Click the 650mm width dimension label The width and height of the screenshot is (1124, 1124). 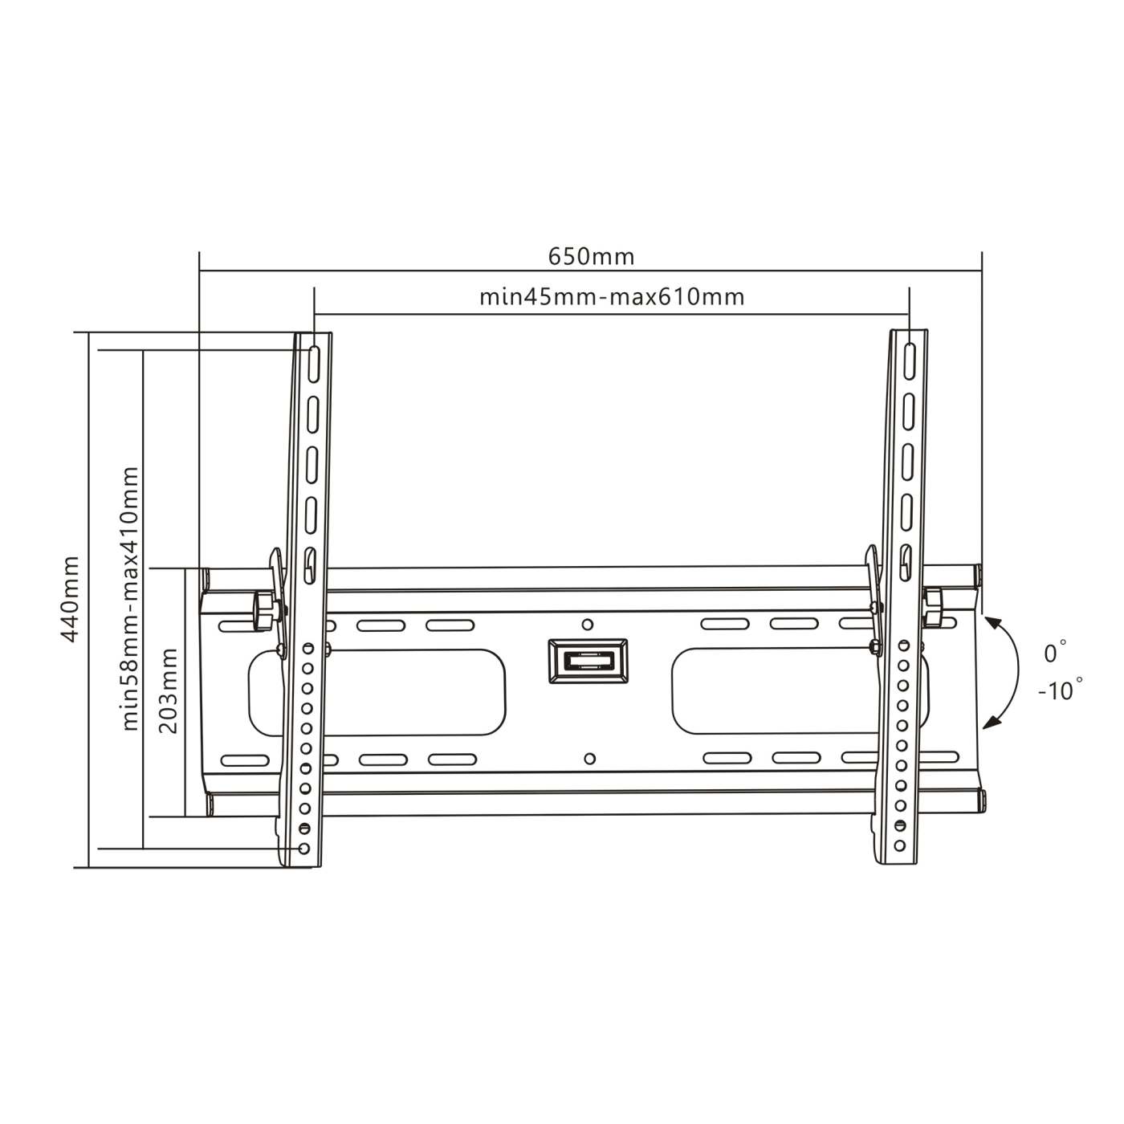(591, 256)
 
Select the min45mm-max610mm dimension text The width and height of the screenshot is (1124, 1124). (612, 297)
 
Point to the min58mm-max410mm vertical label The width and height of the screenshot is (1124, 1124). (131, 598)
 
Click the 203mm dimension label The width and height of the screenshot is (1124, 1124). (169, 691)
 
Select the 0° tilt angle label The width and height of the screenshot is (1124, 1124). (1055, 653)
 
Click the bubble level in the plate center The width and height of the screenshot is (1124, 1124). (588, 661)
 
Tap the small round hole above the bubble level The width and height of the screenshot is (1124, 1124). (588, 624)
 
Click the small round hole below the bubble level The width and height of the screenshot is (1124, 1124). (589, 758)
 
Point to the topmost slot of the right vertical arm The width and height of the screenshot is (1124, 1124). (908, 361)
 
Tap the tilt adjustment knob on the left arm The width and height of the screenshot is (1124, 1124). (263, 607)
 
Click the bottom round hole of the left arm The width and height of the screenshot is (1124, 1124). (303, 848)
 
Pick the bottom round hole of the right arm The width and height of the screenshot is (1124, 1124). (899, 845)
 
